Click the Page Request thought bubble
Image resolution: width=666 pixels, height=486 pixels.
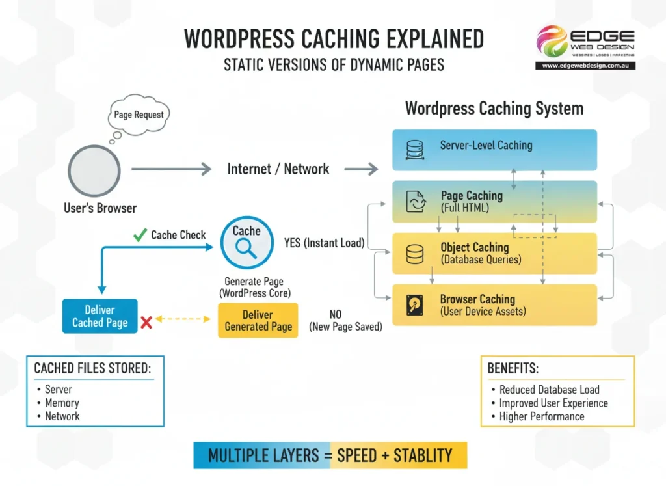pos(139,115)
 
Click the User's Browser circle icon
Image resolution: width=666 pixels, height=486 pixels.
pos(94,170)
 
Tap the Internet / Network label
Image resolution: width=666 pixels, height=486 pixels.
pos(278,169)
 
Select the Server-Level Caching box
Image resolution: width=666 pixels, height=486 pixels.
pos(494,149)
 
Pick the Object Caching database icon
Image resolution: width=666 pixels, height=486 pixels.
pos(415,253)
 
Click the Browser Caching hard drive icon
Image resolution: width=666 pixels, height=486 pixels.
pos(415,304)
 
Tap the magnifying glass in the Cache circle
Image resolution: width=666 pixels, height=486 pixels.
pos(246,248)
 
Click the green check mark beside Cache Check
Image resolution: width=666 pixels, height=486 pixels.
pos(139,235)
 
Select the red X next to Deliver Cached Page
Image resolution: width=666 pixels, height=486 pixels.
pos(146,321)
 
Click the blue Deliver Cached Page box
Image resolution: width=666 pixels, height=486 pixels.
pos(100,316)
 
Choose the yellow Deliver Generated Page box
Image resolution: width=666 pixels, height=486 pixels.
pos(258,320)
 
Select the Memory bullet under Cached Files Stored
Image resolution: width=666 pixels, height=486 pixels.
pos(62,403)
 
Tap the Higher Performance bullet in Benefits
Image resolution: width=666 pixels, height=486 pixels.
pos(541,416)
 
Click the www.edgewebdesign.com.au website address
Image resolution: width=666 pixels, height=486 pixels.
pos(585,66)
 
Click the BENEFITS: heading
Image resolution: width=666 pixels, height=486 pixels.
pos(513,368)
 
